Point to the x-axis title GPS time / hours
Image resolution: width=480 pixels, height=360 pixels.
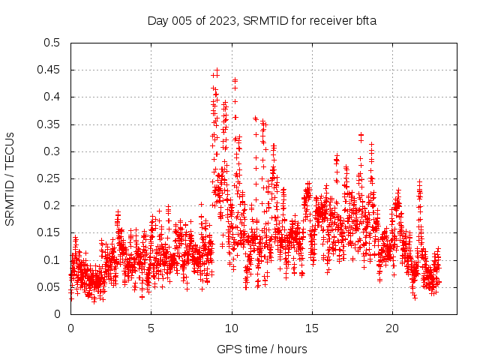point(262,349)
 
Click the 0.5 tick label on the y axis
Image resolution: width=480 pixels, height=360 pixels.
point(51,43)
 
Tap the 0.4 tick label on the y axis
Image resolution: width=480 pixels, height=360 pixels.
point(51,97)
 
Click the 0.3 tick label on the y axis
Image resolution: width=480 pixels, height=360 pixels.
point(51,151)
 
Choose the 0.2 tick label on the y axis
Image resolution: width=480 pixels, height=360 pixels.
point(51,205)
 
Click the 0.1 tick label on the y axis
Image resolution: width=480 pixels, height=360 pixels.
point(51,259)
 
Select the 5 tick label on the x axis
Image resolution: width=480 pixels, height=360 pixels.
point(151,328)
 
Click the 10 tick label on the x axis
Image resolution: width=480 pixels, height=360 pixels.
point(232,328)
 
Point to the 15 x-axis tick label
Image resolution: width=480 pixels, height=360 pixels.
point(312,328)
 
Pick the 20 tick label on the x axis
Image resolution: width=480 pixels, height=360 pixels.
point(392,328)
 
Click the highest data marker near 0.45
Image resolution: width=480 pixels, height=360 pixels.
point(217,70)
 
